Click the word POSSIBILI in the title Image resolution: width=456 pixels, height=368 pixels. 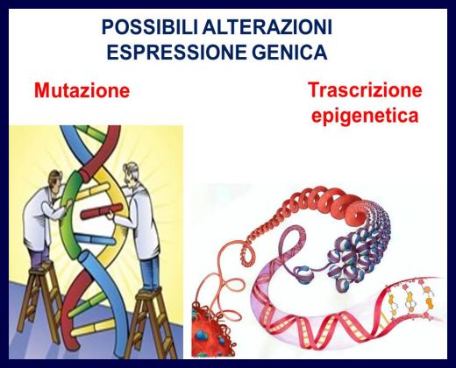(150, 27)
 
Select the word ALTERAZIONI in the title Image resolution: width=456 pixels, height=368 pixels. (267, 27)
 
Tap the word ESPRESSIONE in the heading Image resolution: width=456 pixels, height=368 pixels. (176, 52)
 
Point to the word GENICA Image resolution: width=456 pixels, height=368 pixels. (289, 52)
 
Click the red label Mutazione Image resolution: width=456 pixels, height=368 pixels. (82, 90)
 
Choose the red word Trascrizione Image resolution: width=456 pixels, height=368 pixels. (365, 89)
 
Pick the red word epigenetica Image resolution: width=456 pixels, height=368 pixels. (365, 116)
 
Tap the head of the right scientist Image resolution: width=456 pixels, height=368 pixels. (130, 173)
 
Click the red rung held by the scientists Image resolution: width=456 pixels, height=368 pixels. (101, 211)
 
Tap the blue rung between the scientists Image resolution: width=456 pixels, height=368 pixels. (94, 239)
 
